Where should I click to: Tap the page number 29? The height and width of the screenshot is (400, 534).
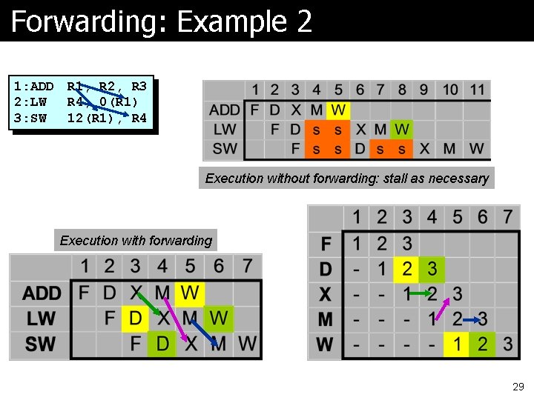coord(518,387)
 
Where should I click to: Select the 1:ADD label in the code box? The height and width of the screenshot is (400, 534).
coord(33,86)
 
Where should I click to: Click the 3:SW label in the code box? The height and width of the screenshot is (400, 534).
coord(30,119)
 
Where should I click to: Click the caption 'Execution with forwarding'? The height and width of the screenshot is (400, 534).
coord(136,240)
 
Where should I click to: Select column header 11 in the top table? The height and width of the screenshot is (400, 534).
coord(477,90)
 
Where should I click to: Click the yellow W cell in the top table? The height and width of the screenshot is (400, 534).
coord(337,110)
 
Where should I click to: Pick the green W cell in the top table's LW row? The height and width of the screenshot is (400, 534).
coord(401,129)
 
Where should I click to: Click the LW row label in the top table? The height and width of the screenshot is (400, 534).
coord(225,129)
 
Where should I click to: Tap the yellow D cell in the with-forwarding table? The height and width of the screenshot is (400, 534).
coord(135,319)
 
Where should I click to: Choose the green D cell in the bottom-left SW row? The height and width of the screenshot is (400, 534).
coord(162,344)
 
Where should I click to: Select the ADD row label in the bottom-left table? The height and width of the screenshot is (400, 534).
coord(42,293)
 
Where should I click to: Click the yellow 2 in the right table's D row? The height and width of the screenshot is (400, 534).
coord(406,268)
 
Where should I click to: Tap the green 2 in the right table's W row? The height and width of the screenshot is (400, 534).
coord(483,344)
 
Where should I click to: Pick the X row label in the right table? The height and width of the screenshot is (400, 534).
coord(326,294)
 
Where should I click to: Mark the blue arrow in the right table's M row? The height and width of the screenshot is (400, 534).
coord(472,319)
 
